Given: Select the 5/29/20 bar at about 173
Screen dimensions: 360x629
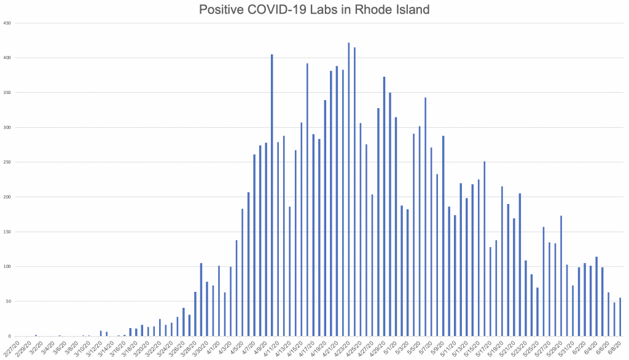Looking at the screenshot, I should pos(561,276).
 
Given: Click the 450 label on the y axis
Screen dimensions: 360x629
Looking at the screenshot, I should pos(7,23).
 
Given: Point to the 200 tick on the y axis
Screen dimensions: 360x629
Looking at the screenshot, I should pos(7,197).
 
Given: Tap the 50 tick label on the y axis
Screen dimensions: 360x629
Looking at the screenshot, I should pos(9,302).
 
